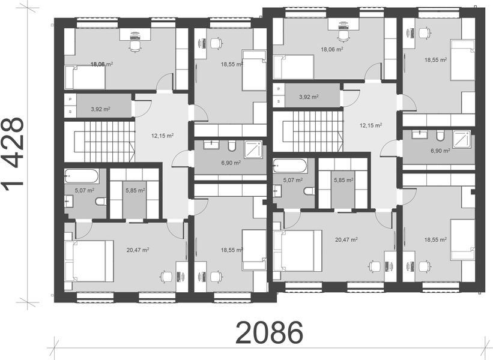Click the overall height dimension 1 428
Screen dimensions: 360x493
coord(14,152)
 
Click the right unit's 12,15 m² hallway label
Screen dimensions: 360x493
coord(371,125)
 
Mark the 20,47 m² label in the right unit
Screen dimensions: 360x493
coord(346,239)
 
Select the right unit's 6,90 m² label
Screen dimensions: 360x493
coord(440,151)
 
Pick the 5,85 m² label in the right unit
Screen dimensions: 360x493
coord(343,179)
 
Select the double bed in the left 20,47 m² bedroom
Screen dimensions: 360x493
coord(90,261)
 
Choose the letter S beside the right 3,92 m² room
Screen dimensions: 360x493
coord(278,100)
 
